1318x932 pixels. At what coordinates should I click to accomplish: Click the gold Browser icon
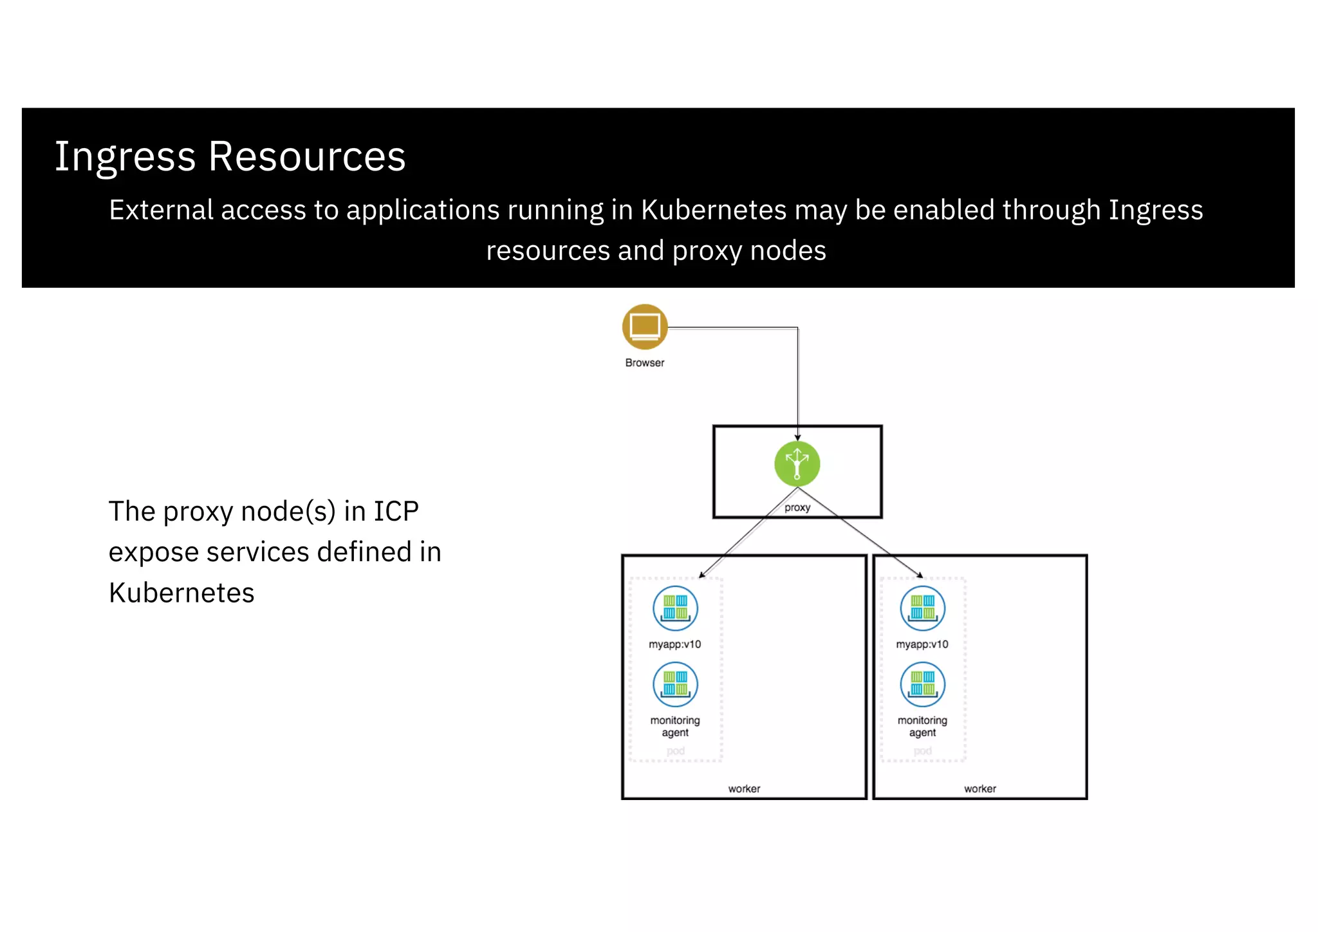click(644, 326)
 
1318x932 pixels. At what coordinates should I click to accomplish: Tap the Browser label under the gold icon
click(644, 362)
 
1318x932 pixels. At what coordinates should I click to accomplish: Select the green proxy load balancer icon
click(797, 463)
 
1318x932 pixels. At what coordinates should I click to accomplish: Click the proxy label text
click(797, 507)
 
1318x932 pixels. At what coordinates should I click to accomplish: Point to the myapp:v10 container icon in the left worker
click(675, 608)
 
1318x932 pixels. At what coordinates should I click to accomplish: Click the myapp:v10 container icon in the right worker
click(922, 608)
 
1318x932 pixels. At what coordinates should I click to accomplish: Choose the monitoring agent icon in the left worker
click(675, 684)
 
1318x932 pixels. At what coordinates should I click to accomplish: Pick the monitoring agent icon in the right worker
click(922, 684)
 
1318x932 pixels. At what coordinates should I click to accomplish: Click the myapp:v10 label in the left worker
click(674, 644)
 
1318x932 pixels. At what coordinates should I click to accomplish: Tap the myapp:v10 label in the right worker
click(922, 644)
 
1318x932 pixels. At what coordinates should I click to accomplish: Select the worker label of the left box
click(744, 788)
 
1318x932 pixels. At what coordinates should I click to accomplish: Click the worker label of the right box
click(979, 788)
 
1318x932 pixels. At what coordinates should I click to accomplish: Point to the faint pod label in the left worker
click(675, 751)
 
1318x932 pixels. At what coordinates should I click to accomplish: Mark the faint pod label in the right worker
click(922, 751)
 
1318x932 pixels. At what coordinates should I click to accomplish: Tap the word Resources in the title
click(306, 157)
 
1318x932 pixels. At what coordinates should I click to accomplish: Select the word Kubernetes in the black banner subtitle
click(714, 210)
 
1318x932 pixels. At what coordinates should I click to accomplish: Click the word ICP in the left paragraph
click(396, 512)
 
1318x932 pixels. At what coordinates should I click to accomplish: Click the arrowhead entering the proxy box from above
click(797, 437)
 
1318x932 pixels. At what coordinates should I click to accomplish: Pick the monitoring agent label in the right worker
click(922, 726)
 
